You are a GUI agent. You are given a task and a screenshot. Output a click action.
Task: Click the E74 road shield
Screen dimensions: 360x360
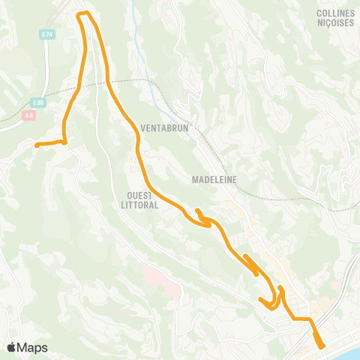48,34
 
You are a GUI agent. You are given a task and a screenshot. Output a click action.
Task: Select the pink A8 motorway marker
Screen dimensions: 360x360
29,115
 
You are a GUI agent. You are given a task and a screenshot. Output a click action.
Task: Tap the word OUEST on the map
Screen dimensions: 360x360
141,195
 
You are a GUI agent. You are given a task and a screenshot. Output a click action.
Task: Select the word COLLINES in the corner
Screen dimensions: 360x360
335,13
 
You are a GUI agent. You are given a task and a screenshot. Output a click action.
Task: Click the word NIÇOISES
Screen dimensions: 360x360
335,22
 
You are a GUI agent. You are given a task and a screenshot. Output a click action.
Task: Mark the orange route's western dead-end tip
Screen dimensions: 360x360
36,144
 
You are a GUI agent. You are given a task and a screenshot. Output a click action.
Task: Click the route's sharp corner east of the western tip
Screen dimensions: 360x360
64,141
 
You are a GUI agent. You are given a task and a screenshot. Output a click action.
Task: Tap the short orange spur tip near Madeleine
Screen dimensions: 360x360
196,211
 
